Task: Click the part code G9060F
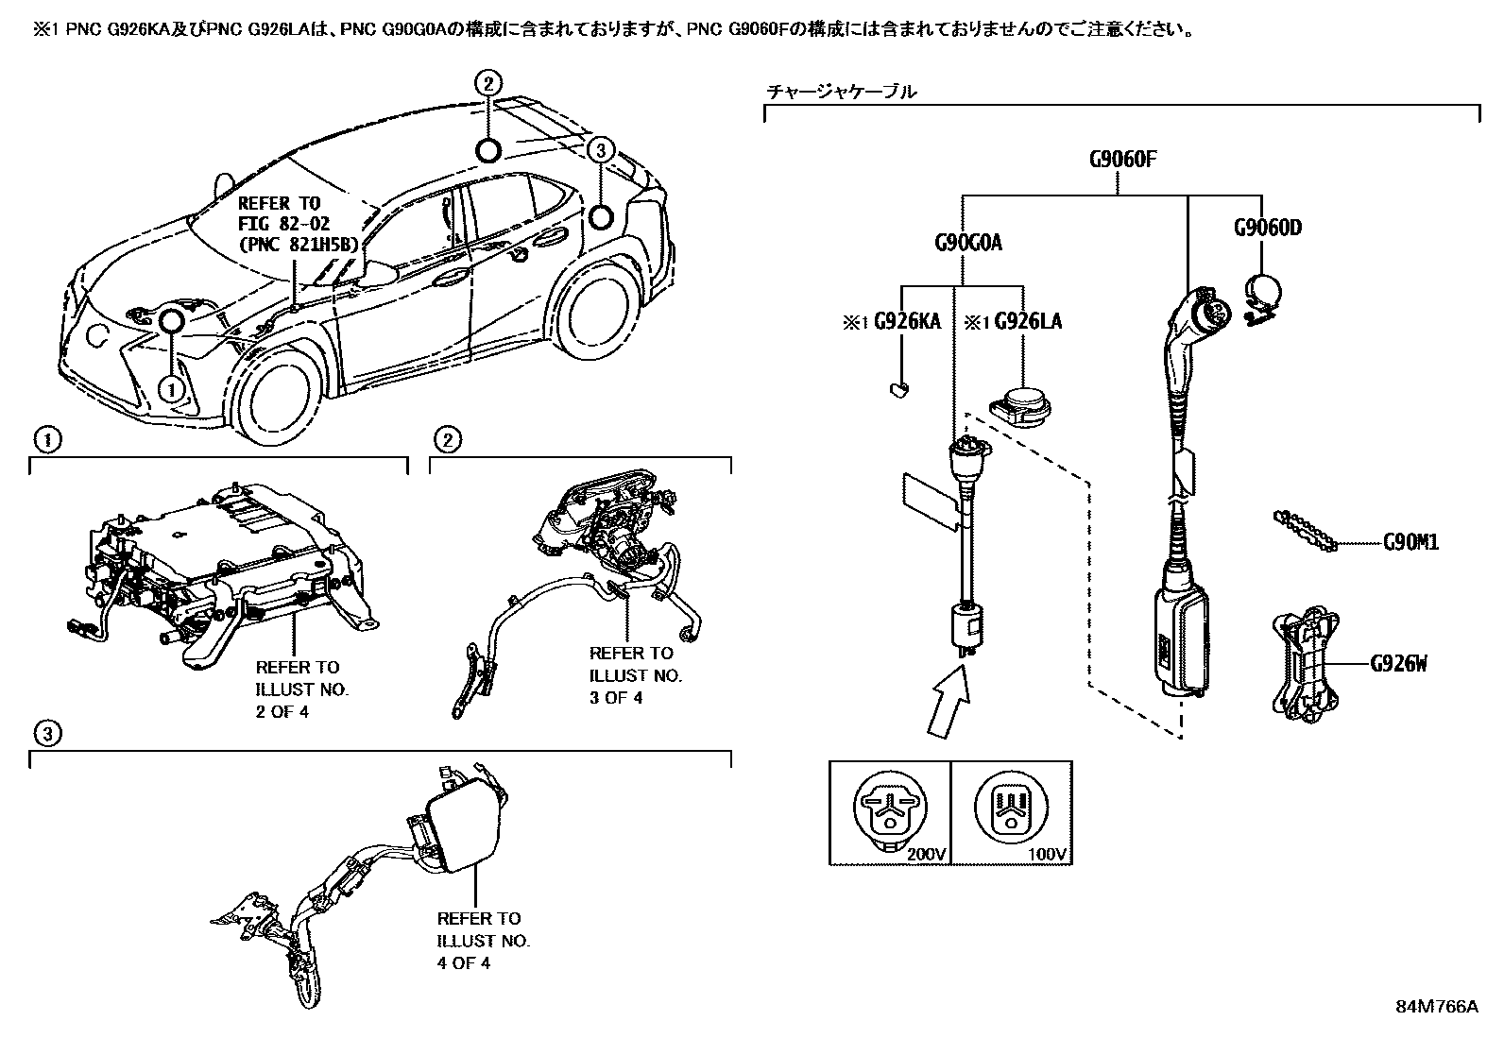pos(1121,158)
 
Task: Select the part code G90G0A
pos(963,243)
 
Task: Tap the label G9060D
pos(1268,228)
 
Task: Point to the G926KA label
pos(907,322)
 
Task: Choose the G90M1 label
pos(1410,542)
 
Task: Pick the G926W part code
pos(1399,664)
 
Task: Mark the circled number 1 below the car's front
pos(172,387)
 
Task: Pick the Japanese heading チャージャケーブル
pos(840,93)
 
